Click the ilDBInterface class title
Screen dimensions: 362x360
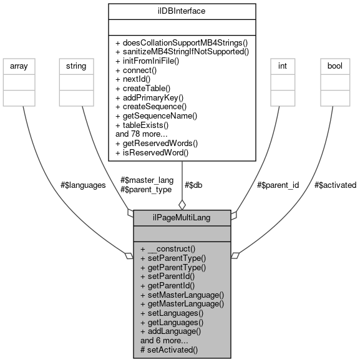click(182, 11)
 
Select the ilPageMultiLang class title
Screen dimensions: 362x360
click(182, 218)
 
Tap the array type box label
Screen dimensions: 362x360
click(22, 65)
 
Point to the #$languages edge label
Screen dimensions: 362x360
click(83, 185)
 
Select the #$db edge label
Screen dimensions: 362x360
click(194, 185)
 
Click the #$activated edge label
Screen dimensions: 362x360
click(335, 185)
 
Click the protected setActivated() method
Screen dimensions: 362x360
click(169, 350)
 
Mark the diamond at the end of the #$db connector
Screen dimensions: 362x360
click(182, 204)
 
